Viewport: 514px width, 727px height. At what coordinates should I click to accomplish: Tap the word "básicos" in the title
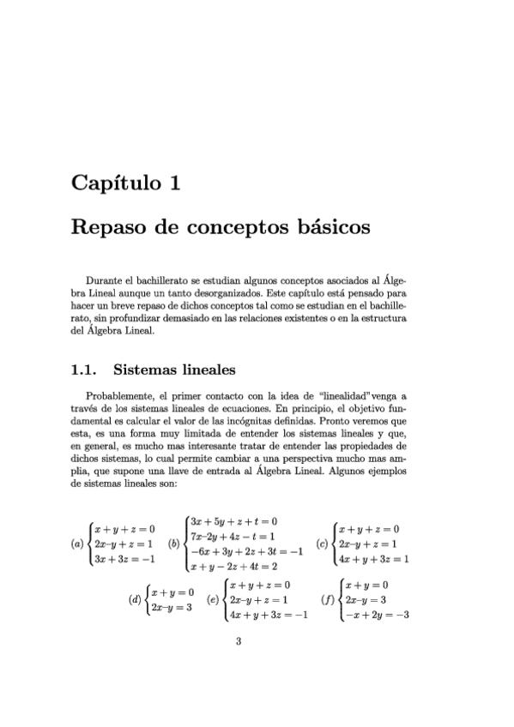pos(328,229)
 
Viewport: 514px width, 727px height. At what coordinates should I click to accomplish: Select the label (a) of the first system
pos(77,544)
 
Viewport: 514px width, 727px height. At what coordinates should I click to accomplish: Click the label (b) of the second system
pos(175,544)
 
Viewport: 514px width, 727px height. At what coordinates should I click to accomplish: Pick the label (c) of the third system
pos(323,544)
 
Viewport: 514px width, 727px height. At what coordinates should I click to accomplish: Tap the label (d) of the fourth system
pos(135,600)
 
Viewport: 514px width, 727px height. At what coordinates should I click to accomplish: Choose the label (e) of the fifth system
pos(212,600)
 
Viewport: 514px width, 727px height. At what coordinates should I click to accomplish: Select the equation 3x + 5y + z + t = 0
pos(233,521)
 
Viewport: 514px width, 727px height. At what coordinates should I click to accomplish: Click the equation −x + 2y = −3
pos(376,615)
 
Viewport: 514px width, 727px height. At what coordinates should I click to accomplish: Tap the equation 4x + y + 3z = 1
pos(373,559)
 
